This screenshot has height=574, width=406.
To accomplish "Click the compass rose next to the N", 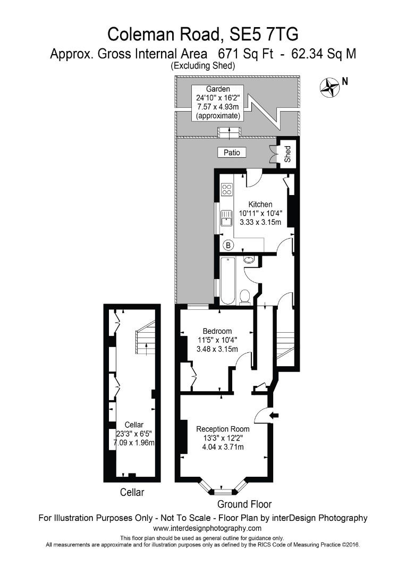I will tap(330, 87).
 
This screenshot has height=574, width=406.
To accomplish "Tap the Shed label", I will tap(287, 155).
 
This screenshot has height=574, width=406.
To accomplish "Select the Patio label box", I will tap(232, 153).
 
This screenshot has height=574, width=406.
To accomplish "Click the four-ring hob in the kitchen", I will tap(227, 189).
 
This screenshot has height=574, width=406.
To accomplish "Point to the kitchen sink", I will tap(227, 218).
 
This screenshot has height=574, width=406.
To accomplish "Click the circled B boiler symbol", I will tap(229, 245).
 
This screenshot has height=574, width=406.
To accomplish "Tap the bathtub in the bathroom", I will tap(227, 280).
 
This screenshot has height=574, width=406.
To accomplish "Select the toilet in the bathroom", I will tap(245, 297).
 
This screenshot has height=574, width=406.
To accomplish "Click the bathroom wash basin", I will tap(250, 260).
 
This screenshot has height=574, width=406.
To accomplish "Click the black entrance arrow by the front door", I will tap(274, 415).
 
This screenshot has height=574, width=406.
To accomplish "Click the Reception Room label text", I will tap(223, 429).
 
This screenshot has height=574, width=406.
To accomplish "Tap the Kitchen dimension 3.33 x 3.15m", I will tap(260, 222).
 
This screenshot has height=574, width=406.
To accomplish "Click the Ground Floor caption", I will tap(244, 504).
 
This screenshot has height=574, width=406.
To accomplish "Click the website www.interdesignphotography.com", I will tap(207, 528).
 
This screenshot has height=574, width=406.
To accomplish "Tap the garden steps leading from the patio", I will tap(229, 131).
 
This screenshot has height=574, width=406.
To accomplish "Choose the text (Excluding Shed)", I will tap(202, 65).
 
